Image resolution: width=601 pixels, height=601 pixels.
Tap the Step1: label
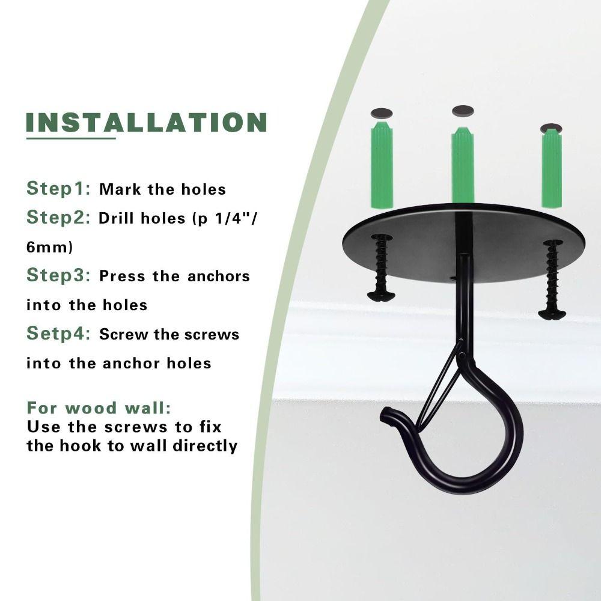coord(58,188)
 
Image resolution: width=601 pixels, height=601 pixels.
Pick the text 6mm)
coord(49,246)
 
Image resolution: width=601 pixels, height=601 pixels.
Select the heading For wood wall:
coord(99,409)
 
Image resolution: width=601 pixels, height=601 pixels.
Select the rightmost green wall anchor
coord(551,166)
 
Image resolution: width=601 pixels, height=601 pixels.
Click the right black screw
coord(552,279)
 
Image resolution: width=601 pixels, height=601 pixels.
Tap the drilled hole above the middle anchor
coord(463,111)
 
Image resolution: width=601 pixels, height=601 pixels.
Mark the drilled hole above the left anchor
coord(381,113)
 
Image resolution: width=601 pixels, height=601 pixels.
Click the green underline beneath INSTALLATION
coord(70,138)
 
